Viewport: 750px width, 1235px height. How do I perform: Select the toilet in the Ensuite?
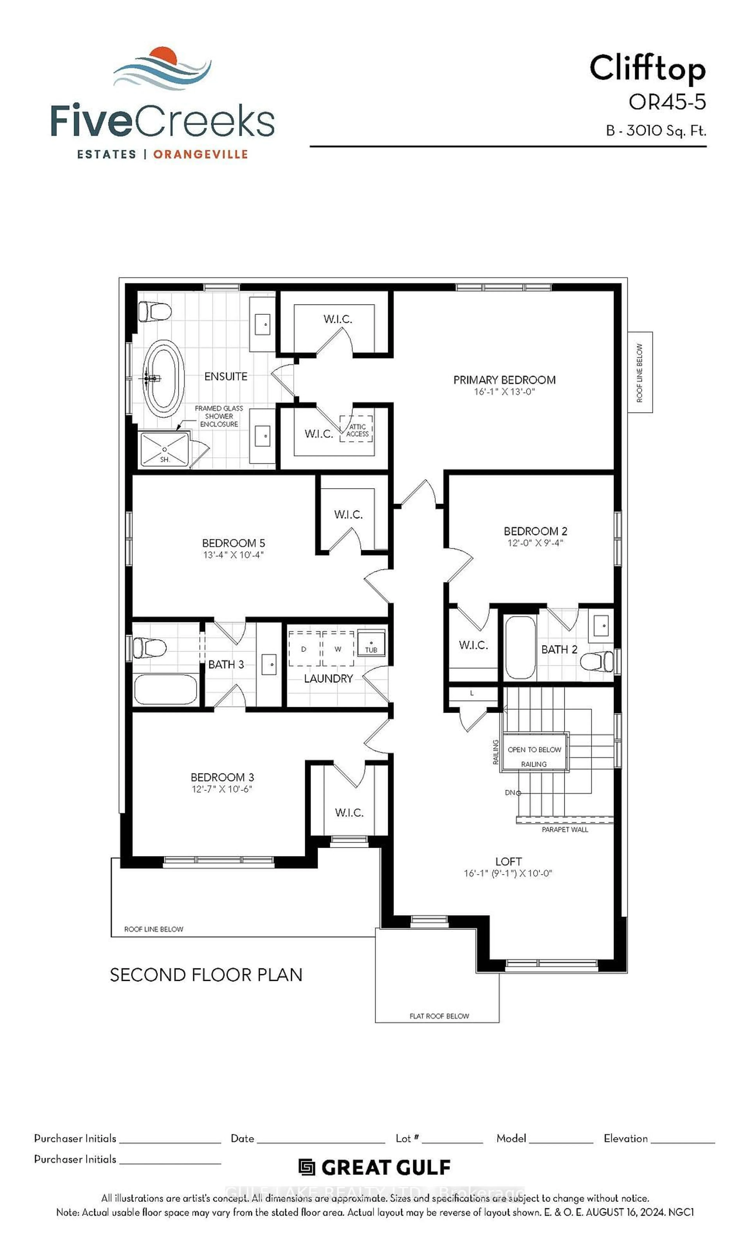154,312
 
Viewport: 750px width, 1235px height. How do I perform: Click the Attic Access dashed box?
356,429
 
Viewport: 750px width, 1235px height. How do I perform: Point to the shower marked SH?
164,450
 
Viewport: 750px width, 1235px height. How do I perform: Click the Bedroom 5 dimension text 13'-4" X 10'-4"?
233,555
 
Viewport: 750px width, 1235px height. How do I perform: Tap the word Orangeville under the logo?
201,154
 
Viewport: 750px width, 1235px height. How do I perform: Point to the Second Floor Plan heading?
206,975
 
